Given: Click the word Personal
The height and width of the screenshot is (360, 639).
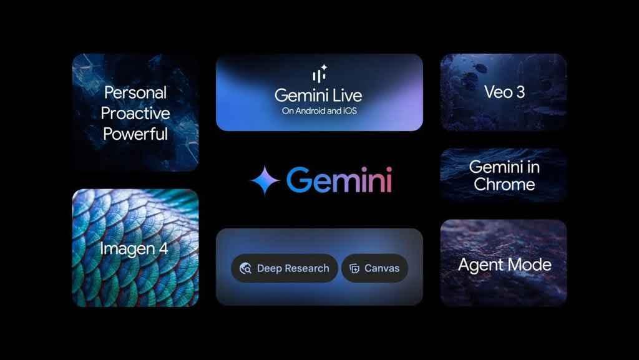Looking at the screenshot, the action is pyautogui.click(x=135, y=92).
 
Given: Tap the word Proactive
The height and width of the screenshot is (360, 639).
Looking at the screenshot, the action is pyautogui.click(x=135, y=113).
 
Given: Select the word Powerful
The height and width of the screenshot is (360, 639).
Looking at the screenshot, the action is pyautogui.click(x=135, y=134).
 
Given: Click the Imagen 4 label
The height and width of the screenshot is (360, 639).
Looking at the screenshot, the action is pyautogui.click(x=134, y=249).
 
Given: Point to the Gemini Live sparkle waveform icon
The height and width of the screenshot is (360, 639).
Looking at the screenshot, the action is pyautogui.click(x=319, y=73).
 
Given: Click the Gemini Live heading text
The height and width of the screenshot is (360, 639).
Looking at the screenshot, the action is pyautogui.click(x=318, y=95).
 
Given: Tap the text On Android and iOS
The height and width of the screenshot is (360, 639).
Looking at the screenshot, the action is pyautogui.click(x=319, y=111).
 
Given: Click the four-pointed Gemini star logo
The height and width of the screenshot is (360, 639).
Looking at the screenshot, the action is pyautogui.click(x=265, y=180).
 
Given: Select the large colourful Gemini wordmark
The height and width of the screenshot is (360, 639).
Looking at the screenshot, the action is pyautogui.click(x=339, y=180).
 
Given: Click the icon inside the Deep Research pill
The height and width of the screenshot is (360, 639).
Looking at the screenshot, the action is pyautogui.click(x=245, y=268).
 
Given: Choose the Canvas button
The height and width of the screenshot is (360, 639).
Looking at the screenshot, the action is pyautogui.click(x=374, y=268).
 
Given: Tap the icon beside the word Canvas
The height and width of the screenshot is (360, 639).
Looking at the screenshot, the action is pyautogui.click(x=354, y=268).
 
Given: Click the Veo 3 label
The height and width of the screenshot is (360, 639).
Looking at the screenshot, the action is pyautogui.click(x=504, y=92).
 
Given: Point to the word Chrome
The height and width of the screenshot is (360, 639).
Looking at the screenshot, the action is pyautogui.click(x=504, y=185).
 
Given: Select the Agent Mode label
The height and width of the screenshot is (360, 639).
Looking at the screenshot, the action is pyautogui.click(x=504, y=265).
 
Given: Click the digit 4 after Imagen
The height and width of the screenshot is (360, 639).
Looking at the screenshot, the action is pyautogui.click(x=163, y=248).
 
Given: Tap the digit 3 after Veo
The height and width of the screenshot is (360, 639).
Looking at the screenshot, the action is pyautogui.click(x=520, y=92).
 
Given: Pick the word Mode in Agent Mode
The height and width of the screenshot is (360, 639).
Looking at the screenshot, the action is pyautogui.click(x=529, y=265).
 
